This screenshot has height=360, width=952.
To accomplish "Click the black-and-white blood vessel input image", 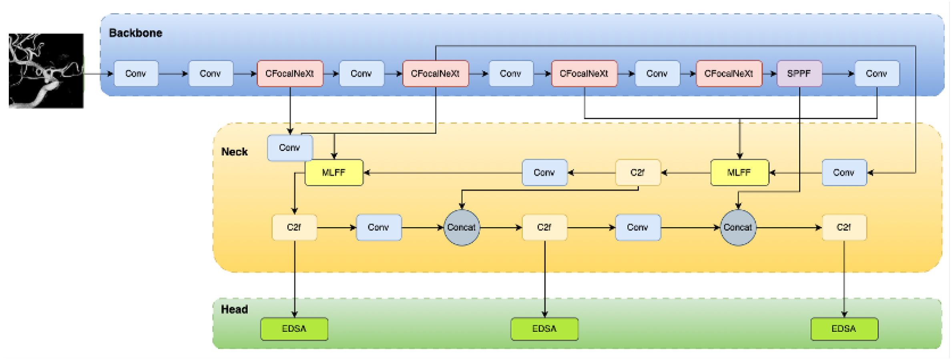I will pos(46,70).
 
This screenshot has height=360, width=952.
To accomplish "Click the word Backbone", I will pos(135,33).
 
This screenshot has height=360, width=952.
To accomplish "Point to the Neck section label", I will pos(234,152).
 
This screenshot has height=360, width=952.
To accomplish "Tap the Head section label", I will pos(234,309).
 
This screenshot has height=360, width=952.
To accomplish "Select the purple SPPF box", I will pos(799,74).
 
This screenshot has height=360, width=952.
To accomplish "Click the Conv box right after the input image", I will pos(136,74).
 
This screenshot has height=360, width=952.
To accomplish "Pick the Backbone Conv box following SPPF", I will pos(877,74).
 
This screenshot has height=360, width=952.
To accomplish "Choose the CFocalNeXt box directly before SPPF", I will pos(729,74).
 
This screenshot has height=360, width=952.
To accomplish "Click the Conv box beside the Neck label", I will pos(289,148).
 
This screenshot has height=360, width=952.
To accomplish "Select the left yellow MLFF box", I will pos(334,173).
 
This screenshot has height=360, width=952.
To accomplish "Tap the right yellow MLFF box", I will pos(739,173).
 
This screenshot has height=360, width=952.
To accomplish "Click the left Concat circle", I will pos(462,227).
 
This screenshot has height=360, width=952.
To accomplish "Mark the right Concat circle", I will pos(738,227).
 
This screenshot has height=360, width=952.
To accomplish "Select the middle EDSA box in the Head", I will pos(544,329).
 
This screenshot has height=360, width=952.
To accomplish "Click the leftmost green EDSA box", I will pos(294,329).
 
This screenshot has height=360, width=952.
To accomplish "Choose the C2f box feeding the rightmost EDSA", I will pos(844,227).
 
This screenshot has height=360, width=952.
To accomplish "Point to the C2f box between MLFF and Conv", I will pos(638,173).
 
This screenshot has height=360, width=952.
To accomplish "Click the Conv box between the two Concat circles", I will pos(638,227).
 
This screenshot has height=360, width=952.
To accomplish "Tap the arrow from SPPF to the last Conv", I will pos(838,74).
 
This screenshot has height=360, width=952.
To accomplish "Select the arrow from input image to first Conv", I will pos(98,74).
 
